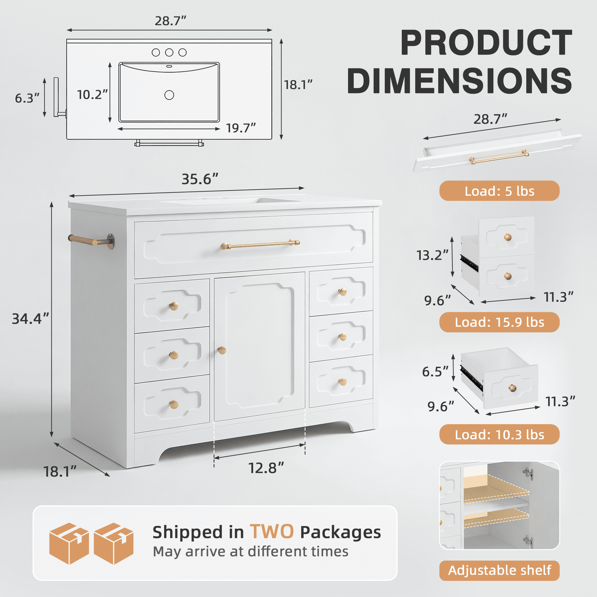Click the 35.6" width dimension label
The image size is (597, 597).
pos(200,179)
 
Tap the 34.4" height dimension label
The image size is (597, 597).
pos(30,319)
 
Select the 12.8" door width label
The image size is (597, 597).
pos(266,468)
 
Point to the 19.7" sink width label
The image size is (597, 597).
pos(241,128)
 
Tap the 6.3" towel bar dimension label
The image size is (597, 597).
pos(27,98)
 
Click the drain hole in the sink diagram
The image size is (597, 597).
pos(169,95)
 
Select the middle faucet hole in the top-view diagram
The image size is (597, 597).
pos(169,53)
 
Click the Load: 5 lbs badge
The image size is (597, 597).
pos(499,191)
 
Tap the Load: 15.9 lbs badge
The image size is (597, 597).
pos(499,322)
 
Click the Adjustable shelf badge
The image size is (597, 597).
pos(499,570)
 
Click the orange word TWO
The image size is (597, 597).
pos(272,532)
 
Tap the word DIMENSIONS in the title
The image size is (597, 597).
pos(459,81)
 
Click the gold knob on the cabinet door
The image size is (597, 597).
pos(222,350)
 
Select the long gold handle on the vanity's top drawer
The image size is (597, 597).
pos(260,244)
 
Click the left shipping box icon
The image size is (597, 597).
pos(69,544)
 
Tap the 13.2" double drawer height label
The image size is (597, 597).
pos(432,255)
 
